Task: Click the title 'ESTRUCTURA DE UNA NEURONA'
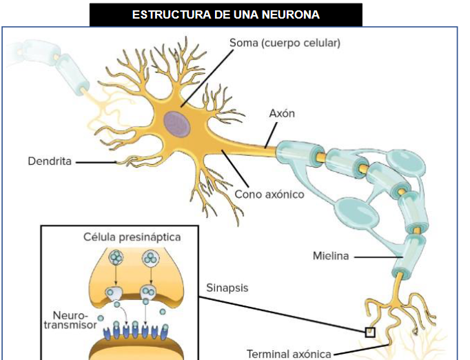226,14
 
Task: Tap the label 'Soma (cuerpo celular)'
285,43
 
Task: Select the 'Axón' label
282,113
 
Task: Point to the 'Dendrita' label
50,162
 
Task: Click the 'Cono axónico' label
269,194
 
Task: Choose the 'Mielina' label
331,257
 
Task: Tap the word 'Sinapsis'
227,287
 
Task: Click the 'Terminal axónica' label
289,354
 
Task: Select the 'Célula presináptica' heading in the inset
132,237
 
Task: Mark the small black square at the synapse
370,332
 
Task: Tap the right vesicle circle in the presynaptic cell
150,259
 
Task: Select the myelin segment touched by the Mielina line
412,252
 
